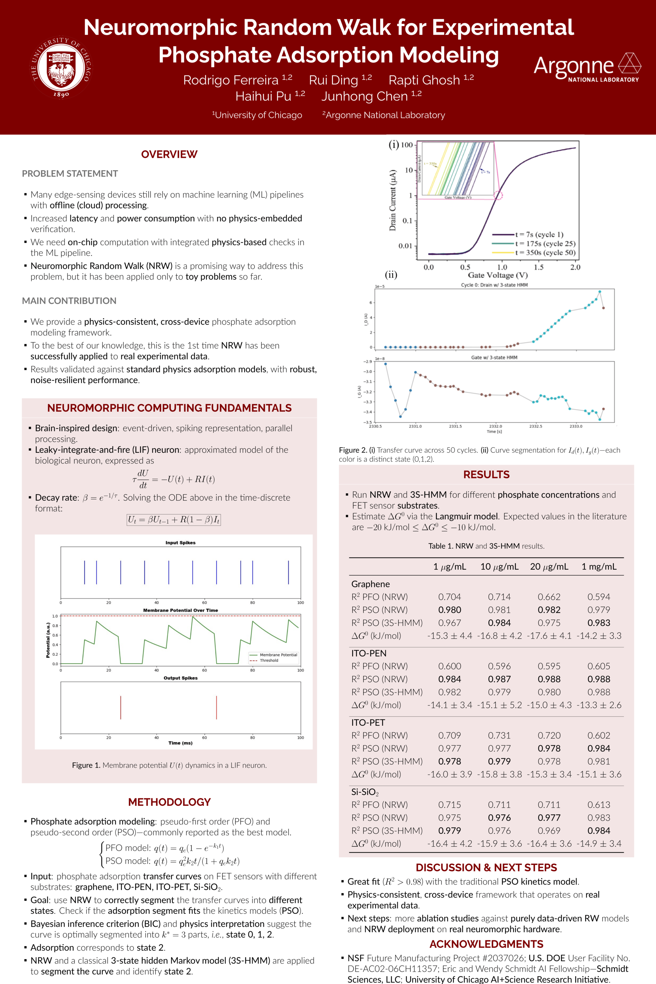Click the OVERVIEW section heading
coord(169,154)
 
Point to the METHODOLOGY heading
coord(169,802)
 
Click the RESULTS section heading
coord(486,475)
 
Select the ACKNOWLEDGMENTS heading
coord(486,944)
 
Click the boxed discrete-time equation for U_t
coord(174,520)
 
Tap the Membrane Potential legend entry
coord(278,655)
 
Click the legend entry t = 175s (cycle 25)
coord(545,244)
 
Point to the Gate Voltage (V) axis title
coord(497,275)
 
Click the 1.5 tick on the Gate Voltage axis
coord(538,267)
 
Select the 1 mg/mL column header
coord(599,566)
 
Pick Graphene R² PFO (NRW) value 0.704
coord(449,597)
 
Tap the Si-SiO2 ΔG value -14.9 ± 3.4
coord(599,844)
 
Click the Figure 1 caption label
coord(86,765)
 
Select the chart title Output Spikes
coord(180,678)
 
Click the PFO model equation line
coord(164,848)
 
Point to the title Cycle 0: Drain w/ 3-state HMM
coord(494,285)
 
